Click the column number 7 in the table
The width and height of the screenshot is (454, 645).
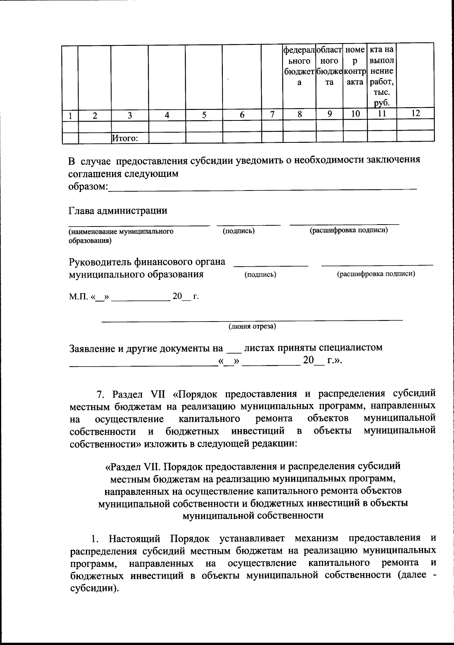pos(272,114)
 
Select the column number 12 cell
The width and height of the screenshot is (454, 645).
pos(415,113)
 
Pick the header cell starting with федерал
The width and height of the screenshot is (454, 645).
pos(299,66)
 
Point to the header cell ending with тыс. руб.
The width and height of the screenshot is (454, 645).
pos(382,76)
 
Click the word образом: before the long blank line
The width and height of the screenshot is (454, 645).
pos(88,187)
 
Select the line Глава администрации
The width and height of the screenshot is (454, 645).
pos(118,211)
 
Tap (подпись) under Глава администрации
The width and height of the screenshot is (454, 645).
pos(238,231)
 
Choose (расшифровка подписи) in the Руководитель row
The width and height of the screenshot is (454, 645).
pos(376,274)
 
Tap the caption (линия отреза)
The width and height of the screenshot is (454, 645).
pos(252,326)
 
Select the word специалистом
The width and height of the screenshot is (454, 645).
pos(351,347)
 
